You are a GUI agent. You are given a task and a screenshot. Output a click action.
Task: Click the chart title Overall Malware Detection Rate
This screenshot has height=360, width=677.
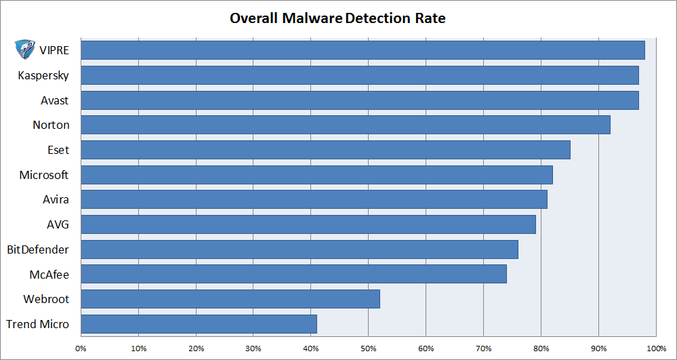(x=337, y=18)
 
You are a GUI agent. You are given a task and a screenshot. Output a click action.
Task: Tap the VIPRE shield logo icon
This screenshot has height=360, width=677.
(x=26, y=50)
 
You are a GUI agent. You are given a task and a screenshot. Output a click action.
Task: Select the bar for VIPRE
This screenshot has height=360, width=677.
(x=363, y=51)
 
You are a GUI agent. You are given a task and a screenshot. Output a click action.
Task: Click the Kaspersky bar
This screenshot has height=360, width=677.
(x=359, y=75)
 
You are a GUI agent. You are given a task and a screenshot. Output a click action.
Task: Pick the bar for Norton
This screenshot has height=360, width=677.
(x=345, y=125)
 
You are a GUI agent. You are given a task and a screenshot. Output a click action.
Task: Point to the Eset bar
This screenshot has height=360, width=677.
(x=325, y=150)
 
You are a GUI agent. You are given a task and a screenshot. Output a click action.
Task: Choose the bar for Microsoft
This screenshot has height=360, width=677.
(x=316, y=175)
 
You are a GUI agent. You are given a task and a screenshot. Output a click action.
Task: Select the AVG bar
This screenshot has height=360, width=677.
(x=308, y=224)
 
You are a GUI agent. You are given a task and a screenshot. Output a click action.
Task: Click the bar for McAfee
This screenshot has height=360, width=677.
(x=293, y=274)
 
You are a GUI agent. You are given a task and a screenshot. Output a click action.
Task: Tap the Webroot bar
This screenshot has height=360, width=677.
(x=230, y=299)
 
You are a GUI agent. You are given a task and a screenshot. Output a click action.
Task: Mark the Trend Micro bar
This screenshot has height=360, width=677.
(x=199, y=324)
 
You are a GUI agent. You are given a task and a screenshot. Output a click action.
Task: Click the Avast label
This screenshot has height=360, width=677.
(x=55, y=100)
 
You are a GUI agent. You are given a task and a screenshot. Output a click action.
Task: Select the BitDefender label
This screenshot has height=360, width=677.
(x=38, y=249)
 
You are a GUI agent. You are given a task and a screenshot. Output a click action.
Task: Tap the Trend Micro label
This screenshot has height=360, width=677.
(x=38, y=324)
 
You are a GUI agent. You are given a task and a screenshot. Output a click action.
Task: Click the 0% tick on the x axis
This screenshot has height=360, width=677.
(x=81, y=348)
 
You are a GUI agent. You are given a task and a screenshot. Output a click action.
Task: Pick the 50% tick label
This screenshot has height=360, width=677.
(x=368, y=348)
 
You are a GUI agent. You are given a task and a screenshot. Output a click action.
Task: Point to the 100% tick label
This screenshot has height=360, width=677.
(x=656, y=348)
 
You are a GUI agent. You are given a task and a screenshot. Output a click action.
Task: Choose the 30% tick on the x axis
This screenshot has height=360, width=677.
(x=253, y=348)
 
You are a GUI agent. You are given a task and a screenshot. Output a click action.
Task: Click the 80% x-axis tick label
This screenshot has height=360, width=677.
(x=541, y=348)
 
